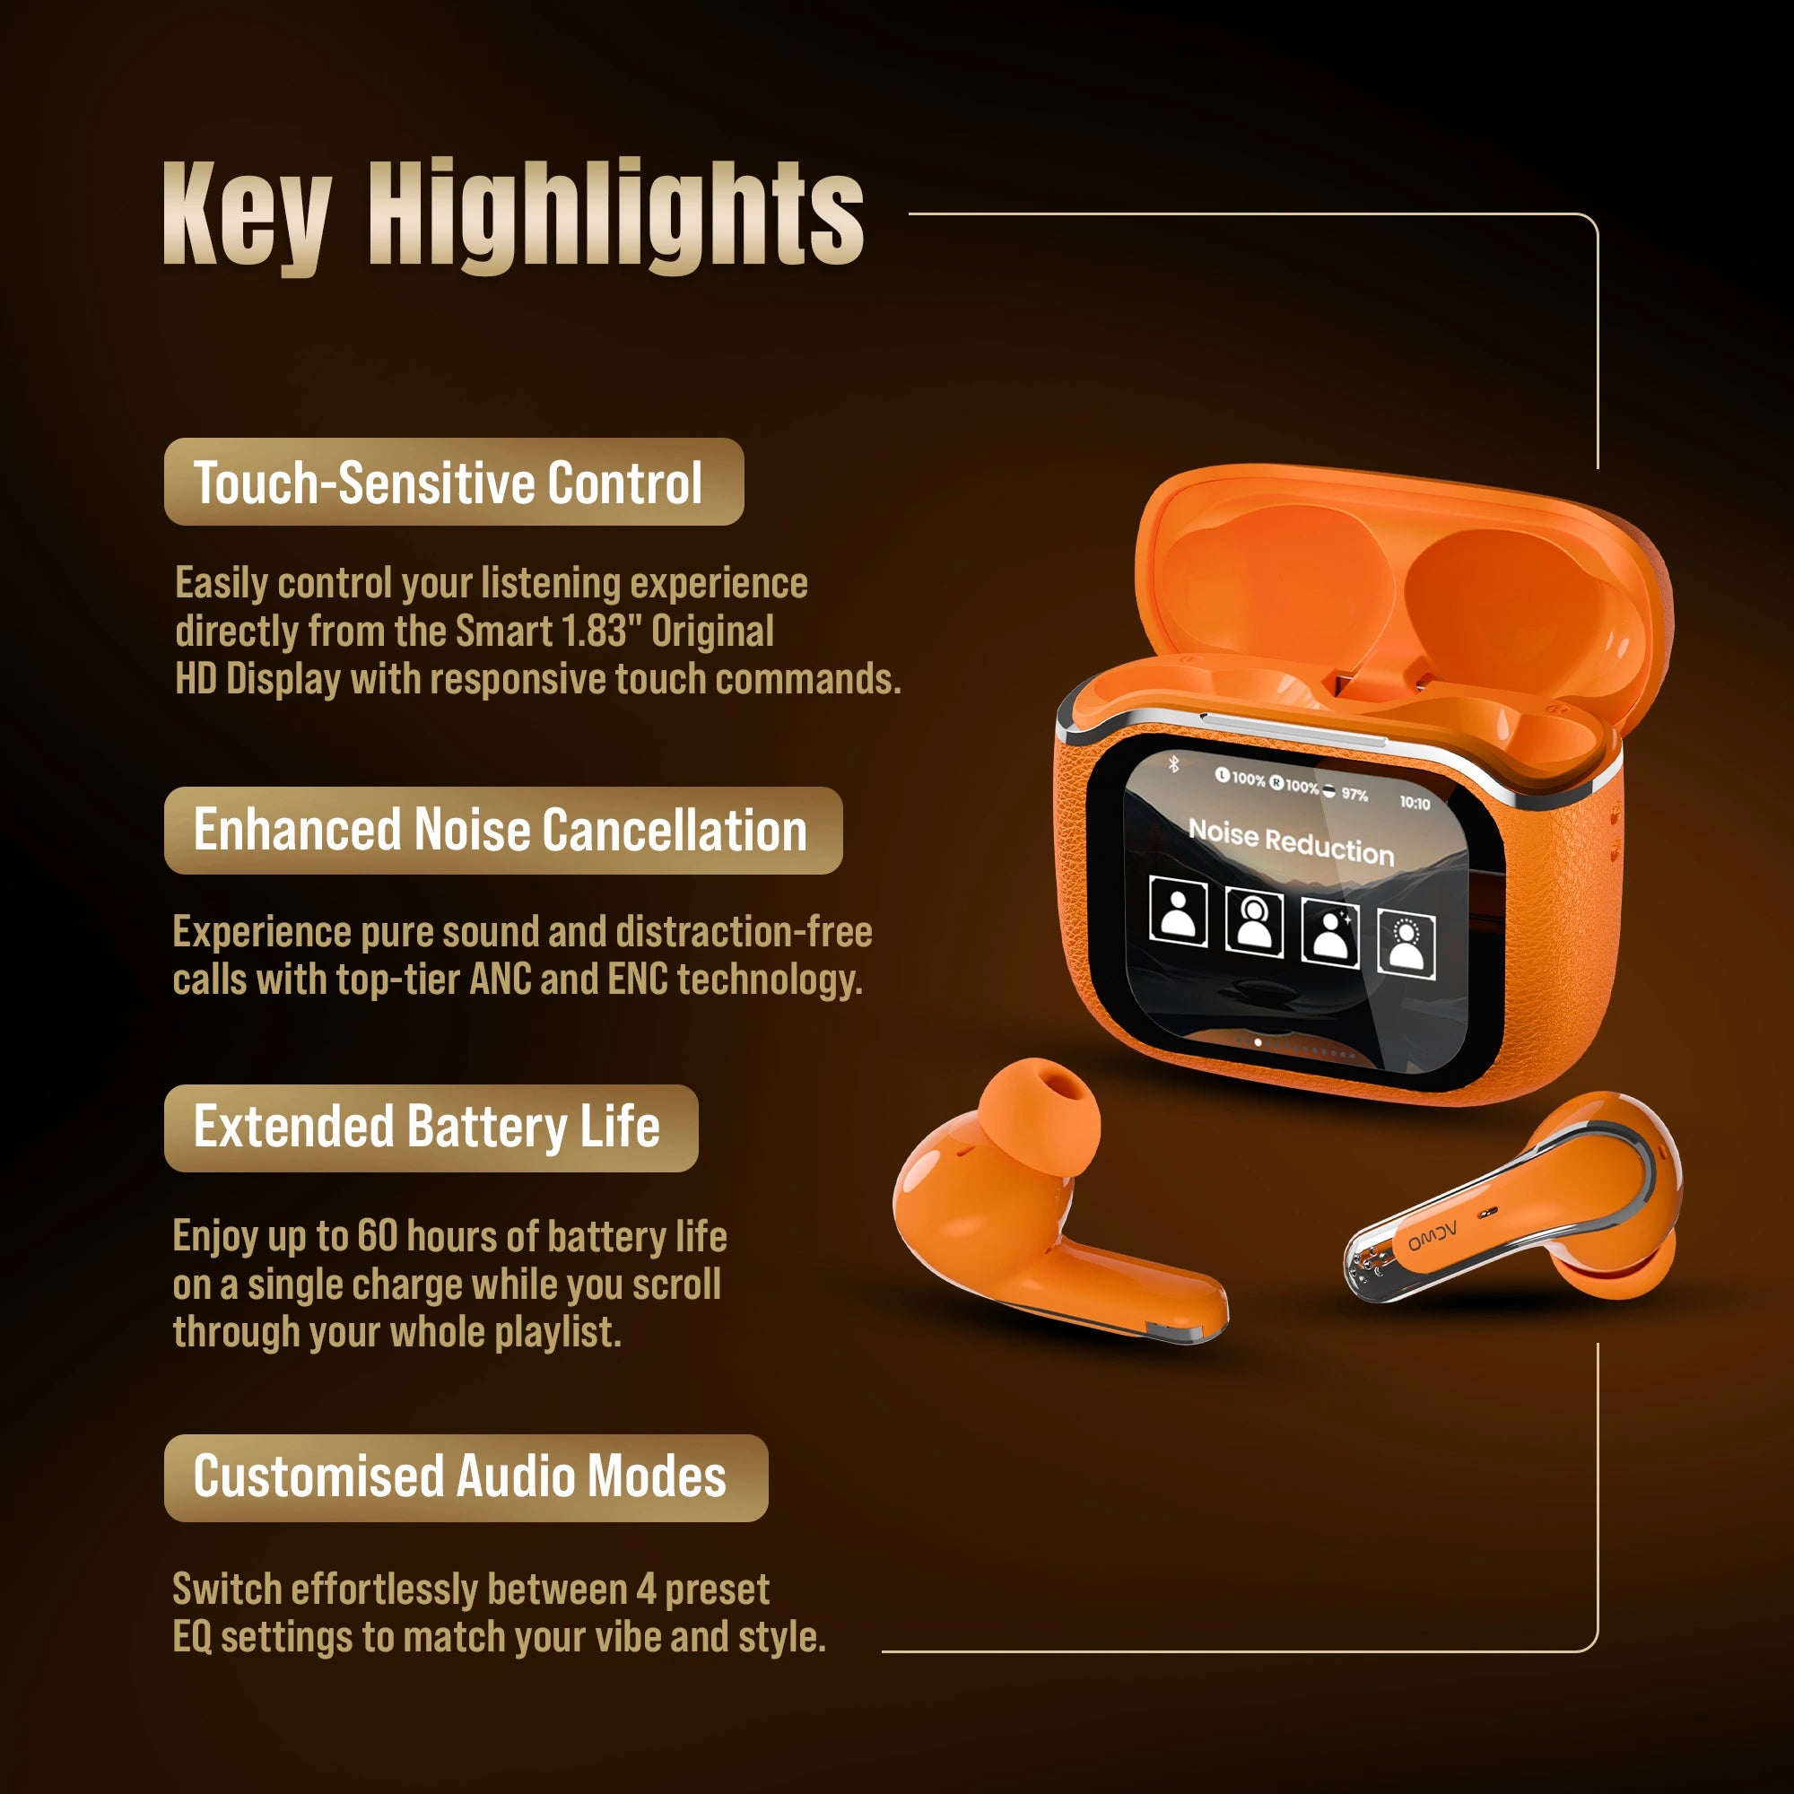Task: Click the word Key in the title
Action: (x=247, y=216)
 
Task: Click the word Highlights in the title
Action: (x=615, y=216)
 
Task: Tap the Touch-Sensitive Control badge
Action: (x=454, y=482)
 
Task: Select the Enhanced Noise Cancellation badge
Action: (x=503, y=830)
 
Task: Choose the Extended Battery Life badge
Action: (x=431, y=1128)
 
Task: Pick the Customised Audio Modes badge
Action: (x=466, y=1477)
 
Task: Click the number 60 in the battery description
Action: (x=377, y=1237)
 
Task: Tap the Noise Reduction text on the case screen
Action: (x=1292, y=841)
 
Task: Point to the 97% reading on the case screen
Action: (x=1354, y=795)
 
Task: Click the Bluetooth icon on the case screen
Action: (x=1173, y=763)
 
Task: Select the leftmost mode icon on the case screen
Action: (x=1179, y=912)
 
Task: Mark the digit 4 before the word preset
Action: (x=646, y=1589)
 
